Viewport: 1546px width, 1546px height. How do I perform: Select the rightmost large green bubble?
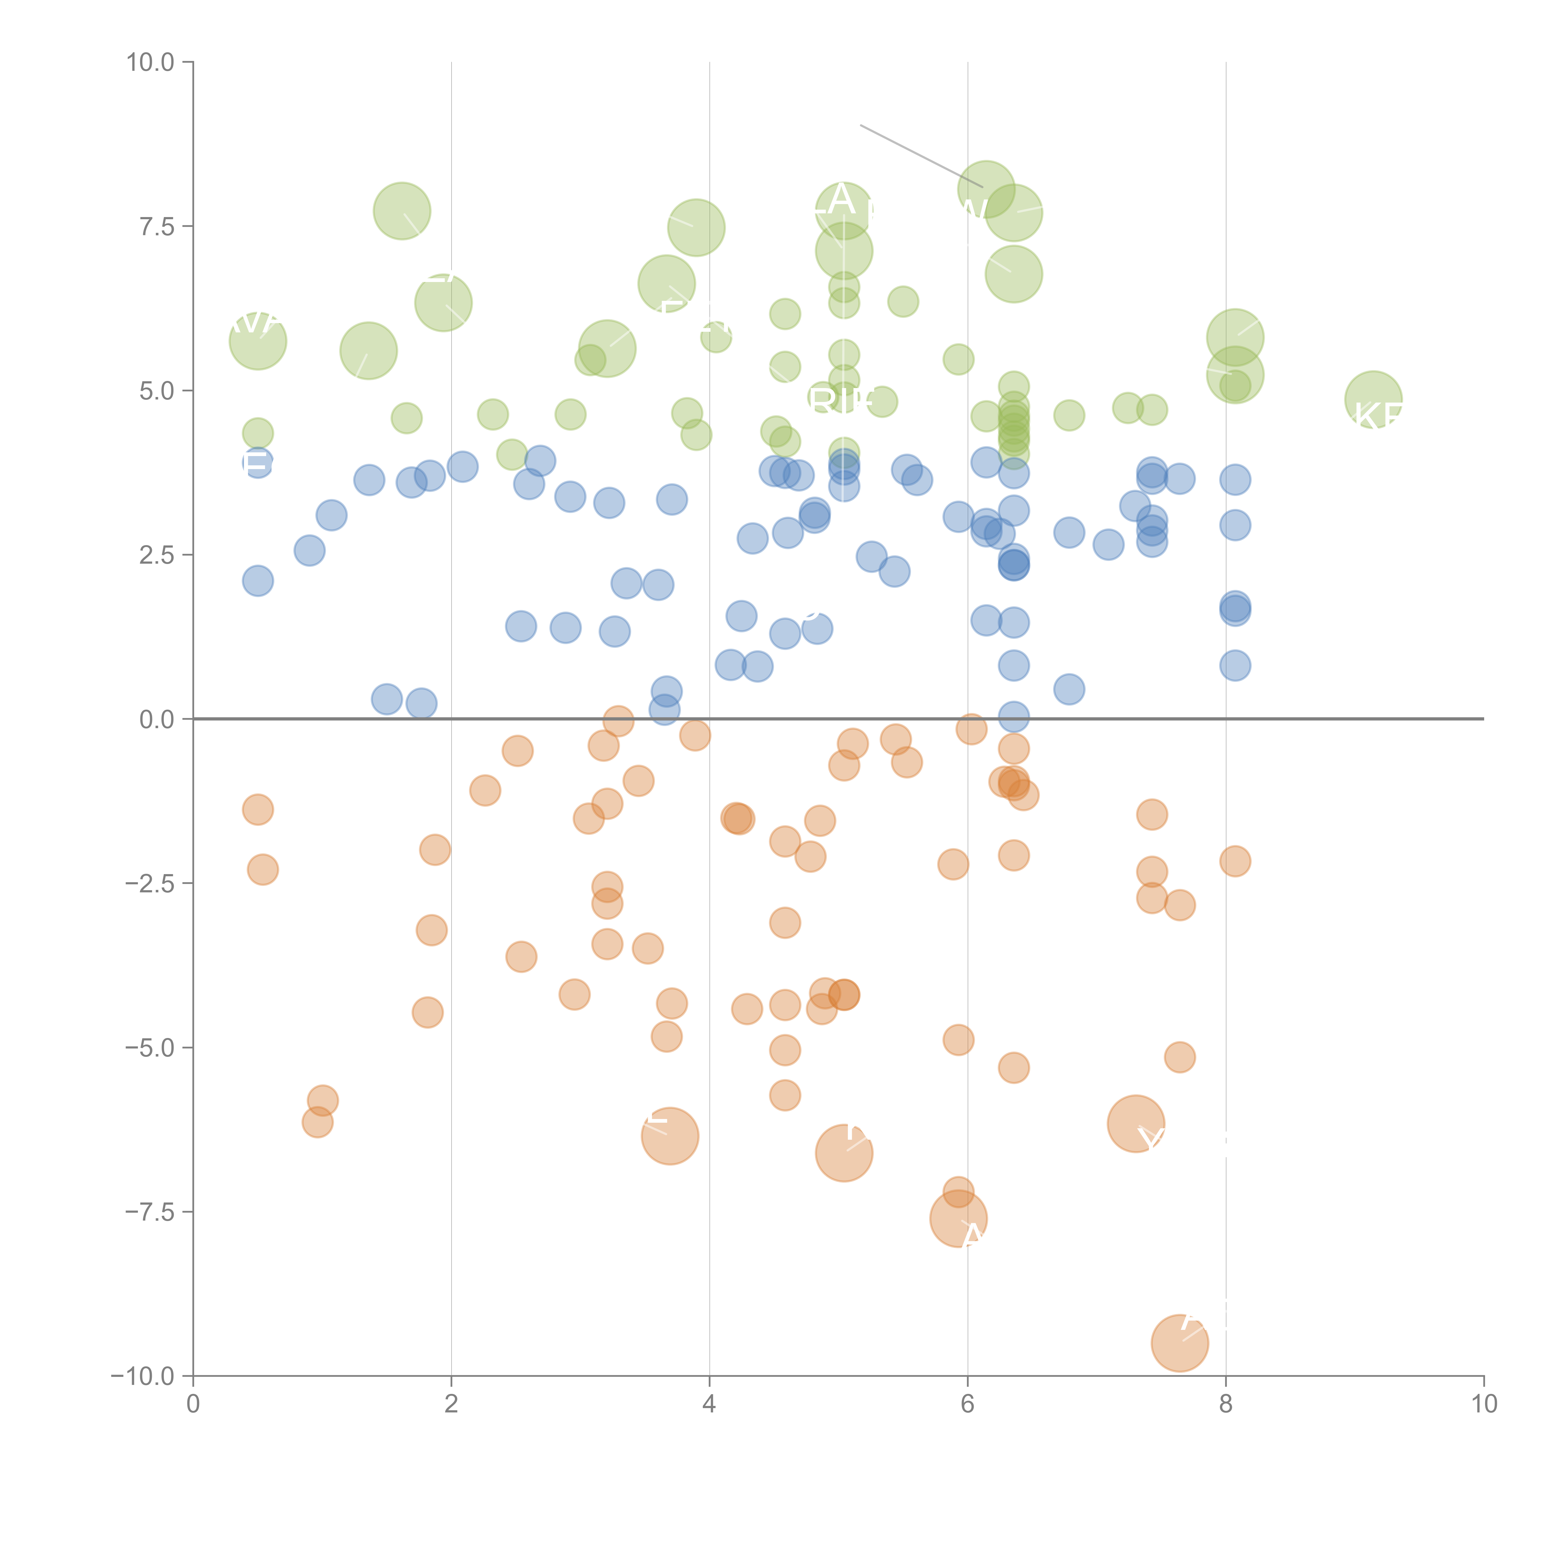1373,399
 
